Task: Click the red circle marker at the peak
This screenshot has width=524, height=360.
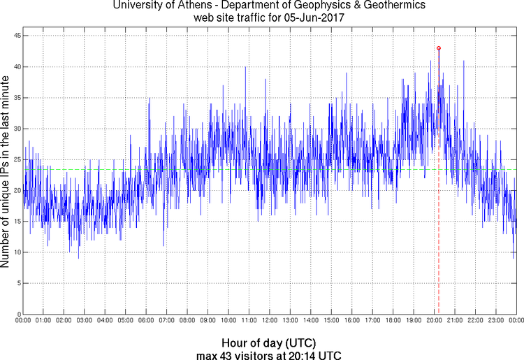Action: (x=439, y=48)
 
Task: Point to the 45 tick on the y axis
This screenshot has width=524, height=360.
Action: (x=15, y=36)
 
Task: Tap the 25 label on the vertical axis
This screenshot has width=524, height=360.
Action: (x=15, y=159)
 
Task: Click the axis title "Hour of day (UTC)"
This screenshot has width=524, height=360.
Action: (x=269, y=343)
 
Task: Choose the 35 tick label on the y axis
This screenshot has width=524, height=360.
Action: (x=15, y=97)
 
